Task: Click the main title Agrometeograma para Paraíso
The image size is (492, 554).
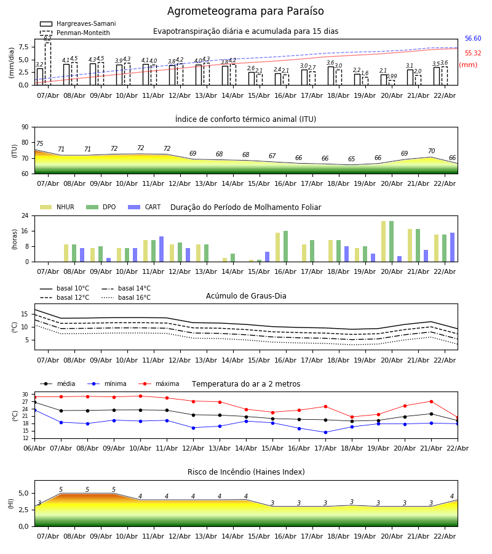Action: point(245,12)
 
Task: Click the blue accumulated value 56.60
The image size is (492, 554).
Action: point(473,39)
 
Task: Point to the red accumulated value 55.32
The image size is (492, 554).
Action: point(473,54)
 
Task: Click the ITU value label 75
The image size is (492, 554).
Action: point(40,144)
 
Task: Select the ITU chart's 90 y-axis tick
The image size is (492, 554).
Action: point(25,127)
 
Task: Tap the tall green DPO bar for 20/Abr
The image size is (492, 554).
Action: point(391,241)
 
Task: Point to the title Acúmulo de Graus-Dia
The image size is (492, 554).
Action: point(246,296)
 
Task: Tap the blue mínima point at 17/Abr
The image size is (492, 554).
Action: point(325,432)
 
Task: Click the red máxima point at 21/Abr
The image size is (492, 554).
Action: point(431,401)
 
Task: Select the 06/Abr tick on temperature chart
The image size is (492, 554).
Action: point(34,448)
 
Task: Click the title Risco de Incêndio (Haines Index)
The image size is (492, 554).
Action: point(246,472)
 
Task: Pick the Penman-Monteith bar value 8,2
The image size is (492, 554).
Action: point(47,39)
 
